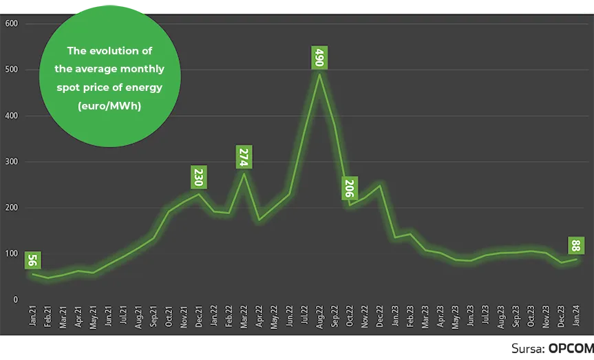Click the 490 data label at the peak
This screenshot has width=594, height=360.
click(x=319, y=57)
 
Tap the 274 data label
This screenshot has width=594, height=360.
click(x=244, y=157)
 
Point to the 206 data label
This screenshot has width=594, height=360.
click(x=349, y=188)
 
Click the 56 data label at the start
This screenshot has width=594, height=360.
click(x=32, y=261)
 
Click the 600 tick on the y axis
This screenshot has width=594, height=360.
click(x=11, y=23)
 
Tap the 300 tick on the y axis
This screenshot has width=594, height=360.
click(x=11, y=162)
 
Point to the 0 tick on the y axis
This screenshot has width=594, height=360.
click(x=14, y=300)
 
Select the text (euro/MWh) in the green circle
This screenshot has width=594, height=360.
click(x=109, y=105)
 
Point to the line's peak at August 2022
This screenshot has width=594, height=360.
click(x=319, y=73)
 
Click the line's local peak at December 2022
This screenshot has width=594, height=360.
click(x=379, y=185)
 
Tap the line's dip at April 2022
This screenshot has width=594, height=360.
click(x=259, y=220)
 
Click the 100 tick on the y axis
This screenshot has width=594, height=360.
click(x=11, y=254)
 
